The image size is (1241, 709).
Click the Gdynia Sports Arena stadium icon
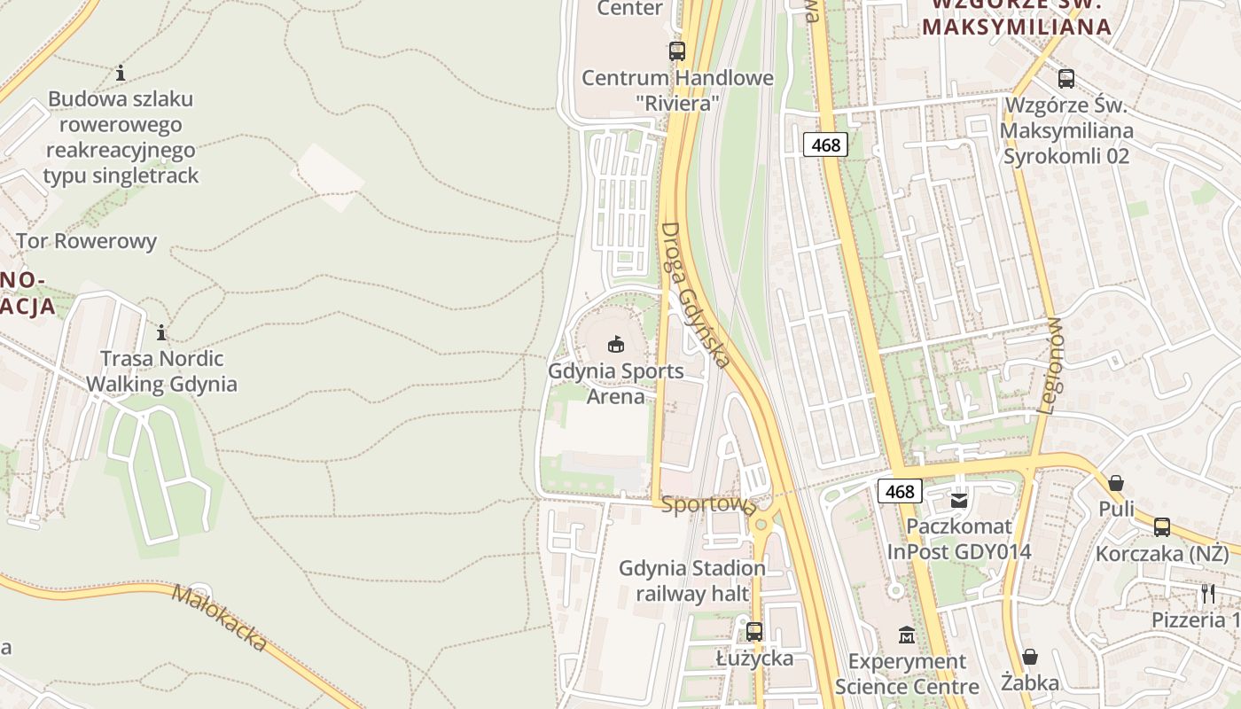tap(615, 344)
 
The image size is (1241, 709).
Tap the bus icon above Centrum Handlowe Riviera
tap(677, 51)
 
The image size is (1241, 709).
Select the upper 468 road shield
tap(825, 144)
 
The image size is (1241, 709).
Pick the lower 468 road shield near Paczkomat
tap(900, 492)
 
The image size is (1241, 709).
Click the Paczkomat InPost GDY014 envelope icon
tap(959, 501)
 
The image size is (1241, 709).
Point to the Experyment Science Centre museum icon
tap(907, 635)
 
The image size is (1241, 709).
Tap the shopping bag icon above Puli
tap(1116, 483)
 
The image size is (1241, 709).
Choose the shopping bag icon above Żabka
tap(1030, 657)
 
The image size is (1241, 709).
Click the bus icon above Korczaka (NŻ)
tap(1161, 527)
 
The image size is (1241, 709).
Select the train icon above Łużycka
tap(754, 632)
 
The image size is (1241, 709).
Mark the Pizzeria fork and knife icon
tap(1207, 593)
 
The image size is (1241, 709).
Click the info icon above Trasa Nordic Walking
tap(161, 333)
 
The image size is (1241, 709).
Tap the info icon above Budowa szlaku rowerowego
tap(121, 73)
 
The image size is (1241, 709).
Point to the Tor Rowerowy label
tap(86, 241)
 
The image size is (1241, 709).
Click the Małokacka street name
tap(219, 617)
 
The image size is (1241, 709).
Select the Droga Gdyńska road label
tap(696, 294)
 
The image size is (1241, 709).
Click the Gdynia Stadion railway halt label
tap(692, 580)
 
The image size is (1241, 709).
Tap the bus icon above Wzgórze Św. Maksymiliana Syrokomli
tap(1066, 78)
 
